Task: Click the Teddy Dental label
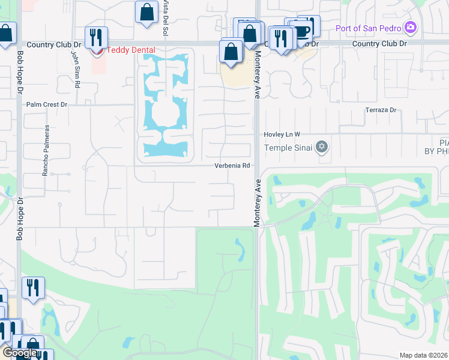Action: (x=130, y=50)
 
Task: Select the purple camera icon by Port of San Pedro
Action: (x=411, y=27)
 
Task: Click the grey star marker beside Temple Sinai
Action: (x=322, y=147)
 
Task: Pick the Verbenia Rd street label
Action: (x=232, y=166)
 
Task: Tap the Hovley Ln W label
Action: (x=282, y=134)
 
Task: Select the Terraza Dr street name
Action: (x=382, y=110)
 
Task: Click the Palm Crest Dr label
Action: (x=47, y=104)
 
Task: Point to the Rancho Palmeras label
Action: (x=45, y=150)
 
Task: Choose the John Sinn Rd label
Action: (x=76, y=69)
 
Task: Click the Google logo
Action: (x=20, y=353)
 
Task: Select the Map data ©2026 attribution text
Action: (x=423, y=355)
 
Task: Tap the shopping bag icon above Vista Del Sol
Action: (x=146, y=12)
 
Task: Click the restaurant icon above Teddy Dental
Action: (x=96, y=37)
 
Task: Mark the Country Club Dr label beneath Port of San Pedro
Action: (x=379, y=44)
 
